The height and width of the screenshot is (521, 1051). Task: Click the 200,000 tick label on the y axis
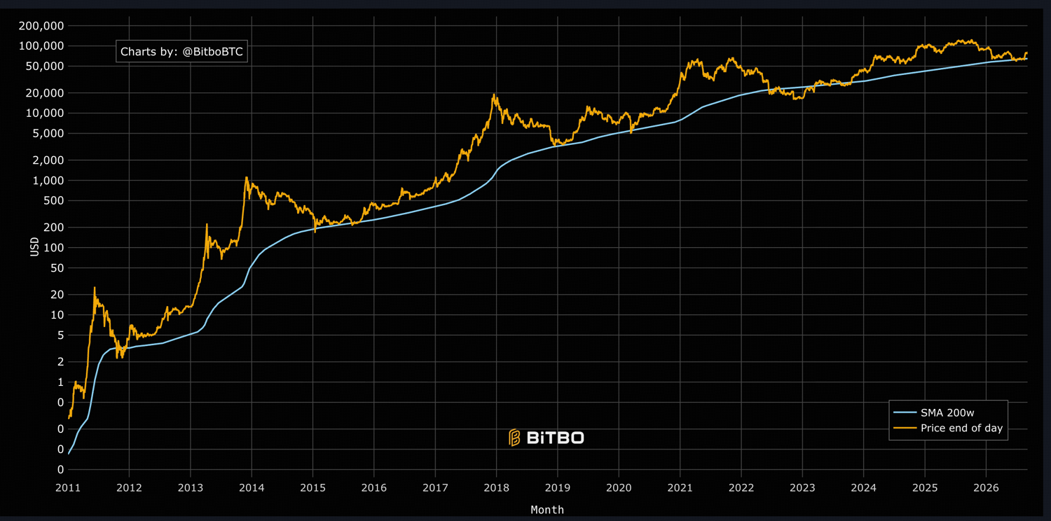click(x=41, y=26)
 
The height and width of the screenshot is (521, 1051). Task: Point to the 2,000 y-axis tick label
click(x=48, y=160)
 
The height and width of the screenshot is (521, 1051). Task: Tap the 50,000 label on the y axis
click(x=45, y=67)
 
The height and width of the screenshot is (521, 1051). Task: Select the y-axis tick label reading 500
click(x=54, y=201)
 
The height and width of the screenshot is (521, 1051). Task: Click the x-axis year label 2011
click(x=68, y=487)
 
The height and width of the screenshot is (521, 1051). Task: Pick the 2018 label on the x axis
click(x=496, y=487)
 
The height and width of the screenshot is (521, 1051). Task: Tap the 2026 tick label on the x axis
click(x=987, y=487)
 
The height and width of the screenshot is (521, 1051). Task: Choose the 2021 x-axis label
click(x=680, y=487)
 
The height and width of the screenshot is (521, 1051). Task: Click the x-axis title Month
click(x=547, y=510)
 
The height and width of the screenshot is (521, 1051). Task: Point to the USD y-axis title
click(x=34, y=246)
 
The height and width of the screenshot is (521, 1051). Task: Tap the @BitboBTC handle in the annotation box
click(x=212, y=52)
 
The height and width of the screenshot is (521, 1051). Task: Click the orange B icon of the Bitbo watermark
click(x=515, y=438)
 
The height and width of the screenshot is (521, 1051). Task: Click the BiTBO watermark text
click(x=556, y=438)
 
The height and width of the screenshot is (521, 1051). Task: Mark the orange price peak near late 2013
click(x=246, y=178)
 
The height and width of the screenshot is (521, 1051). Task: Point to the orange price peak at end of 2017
click(x=494, y=95)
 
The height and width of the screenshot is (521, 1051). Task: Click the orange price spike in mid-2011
click(x=95, y=288)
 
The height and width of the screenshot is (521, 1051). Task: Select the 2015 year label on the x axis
click(x=313, y=487)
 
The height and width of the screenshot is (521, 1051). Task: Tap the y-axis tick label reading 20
click(x=57, y=295)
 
